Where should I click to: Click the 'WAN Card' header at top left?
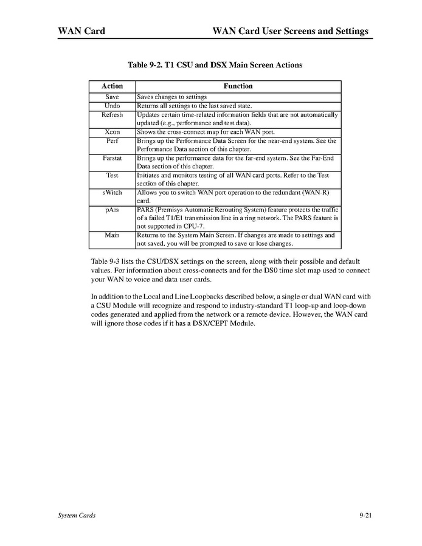coord(77,31)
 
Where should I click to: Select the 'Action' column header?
coord(112,86)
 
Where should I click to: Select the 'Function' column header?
coord(238,86)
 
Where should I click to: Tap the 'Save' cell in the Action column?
coord(112,97)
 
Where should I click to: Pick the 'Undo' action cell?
coord(112,106)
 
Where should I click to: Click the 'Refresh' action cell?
coord(112,114)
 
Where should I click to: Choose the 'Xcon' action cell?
coord(112,131)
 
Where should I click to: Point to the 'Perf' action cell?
coord(112,140)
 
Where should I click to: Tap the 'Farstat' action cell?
coord(112,157)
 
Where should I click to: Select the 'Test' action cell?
coord(112,175)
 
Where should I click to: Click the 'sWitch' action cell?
coord(112,192)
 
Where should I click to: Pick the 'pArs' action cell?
coord(112,209)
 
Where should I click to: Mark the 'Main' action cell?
coord(112,235)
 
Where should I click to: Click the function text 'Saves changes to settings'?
coord(172,97)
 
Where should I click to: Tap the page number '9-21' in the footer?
coord(365,516)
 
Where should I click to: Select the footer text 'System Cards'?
coord(76,516)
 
